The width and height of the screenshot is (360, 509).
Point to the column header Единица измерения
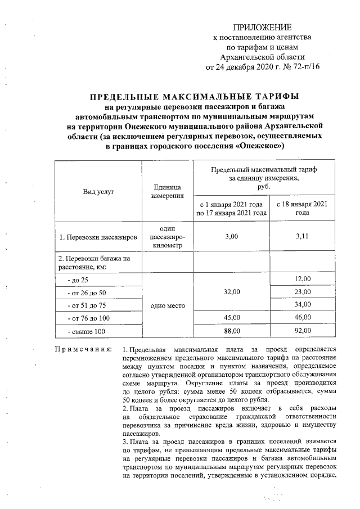168,192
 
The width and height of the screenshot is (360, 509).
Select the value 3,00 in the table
231,238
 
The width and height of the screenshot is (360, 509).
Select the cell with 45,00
231,318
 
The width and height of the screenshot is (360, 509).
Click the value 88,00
231,332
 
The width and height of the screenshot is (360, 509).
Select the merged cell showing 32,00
231,292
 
